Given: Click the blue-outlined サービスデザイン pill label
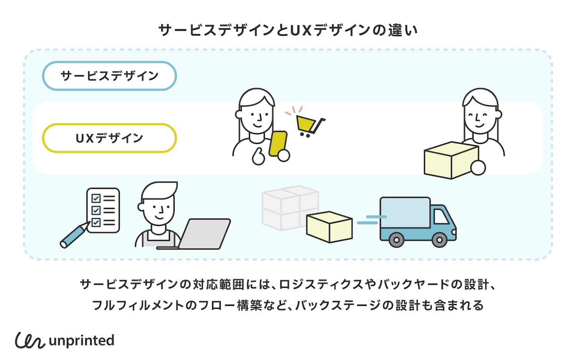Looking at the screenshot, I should (109, 76).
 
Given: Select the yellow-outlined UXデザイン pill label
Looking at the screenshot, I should (109, 138).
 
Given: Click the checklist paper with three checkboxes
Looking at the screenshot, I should (103, 210).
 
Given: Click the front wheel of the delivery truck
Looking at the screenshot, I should (439, 240).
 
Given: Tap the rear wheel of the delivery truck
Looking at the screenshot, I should (396, 240).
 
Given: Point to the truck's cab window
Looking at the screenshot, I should (440, 217).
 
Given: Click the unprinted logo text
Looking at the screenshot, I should (82, 340).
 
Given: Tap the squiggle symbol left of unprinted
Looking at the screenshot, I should (30, 340).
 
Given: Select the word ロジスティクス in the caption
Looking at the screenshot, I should (321, 285).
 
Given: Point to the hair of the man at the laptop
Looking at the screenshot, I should (159, 190).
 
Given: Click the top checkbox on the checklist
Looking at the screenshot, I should (96, 198).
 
